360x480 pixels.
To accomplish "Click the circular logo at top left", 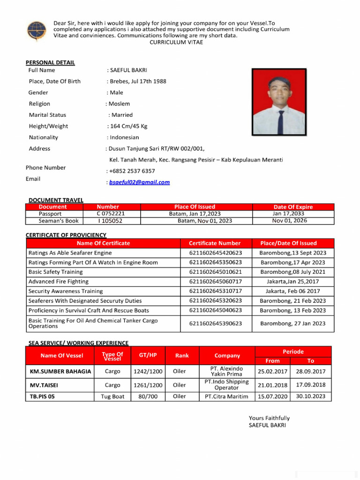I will click(37, 30).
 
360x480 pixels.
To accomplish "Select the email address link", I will click(139, 182).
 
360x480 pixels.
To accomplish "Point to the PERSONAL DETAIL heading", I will click(50, 62).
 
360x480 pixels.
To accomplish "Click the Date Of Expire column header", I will click(293, 207).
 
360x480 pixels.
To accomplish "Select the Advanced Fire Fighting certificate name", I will click(59, 281).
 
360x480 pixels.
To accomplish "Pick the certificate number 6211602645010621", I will click(215, 272).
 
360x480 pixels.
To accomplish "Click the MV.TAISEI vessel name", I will click(45, 385).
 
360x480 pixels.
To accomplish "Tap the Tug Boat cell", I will click(112, 397).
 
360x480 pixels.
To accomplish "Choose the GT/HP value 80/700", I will click(148, 397).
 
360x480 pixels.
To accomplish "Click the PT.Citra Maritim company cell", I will click(226, 397).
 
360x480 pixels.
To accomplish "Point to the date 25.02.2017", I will click(272, 371).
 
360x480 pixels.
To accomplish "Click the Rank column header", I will click(182, 356).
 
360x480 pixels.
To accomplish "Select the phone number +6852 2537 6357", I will click(132, 171).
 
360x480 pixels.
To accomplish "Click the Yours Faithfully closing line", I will click(269, 418).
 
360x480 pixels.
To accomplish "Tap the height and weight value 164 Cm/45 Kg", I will click(128, 126).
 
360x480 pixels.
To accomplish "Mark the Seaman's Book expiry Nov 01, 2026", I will click(289, 221).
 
